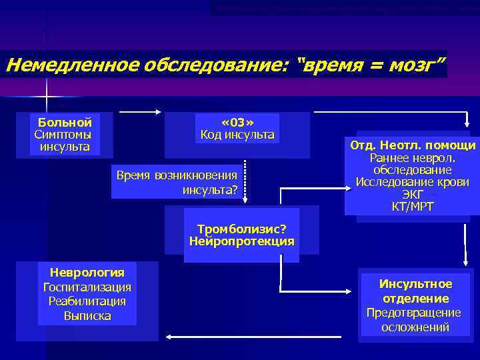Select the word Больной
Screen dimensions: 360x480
pyautogui.click(x=65, y=122)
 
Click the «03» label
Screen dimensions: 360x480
pyautogui.click(x=237, y=122)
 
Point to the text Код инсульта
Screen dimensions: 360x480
pyautogui.click(x=237, y=135)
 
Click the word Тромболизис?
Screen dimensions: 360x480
pyautogui.click(x=241, y=229)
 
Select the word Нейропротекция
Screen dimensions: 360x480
pyautogui.click(x=241, y=241)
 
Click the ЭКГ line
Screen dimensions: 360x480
pyautogui.click(x=413, y=194)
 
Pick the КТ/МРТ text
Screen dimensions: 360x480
pyautogui.click(x=413, y=207)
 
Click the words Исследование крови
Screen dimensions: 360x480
pyautogui.click(x=413, y=182)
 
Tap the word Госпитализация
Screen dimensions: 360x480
pyautogui.click(x=87, y=287)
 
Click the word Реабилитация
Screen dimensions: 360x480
pyautogui.click(x=87, y=301)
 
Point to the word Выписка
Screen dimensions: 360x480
pyautogui.click(x=87, y=315)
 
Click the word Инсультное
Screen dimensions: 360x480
pyautogui.click(x=415, y=284)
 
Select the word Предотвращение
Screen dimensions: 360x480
pyautogui.click(x=414, y=313)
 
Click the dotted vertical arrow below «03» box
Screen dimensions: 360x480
pyautogui.click(x=246, y=178)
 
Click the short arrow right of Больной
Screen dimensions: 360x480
pyautogui.click(x=141, y=111)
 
